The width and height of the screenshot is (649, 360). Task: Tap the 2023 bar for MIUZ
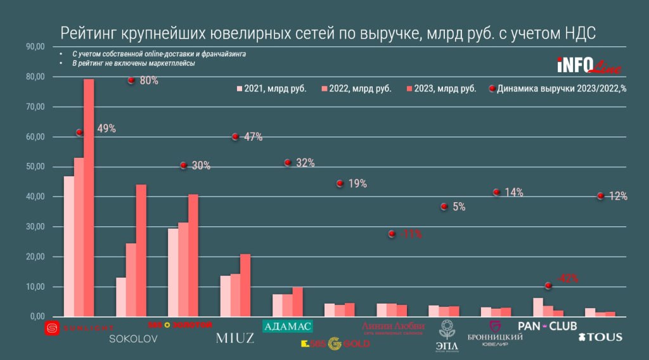coord(245,285)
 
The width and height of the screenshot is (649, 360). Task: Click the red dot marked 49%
coord(80,132)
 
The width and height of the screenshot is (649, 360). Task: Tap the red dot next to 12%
coord(600,196)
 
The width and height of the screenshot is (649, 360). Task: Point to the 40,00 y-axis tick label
coord(34,197)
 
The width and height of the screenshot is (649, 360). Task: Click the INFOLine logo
coord(589,65)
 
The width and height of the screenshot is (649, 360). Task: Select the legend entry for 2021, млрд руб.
coord(271,89)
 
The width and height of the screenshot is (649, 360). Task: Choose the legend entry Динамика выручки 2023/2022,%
coord(558,89)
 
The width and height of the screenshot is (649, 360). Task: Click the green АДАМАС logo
coord(288,326)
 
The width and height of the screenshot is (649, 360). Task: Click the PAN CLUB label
coord(548,326)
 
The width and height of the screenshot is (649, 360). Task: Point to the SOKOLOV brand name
coord(133,338)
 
